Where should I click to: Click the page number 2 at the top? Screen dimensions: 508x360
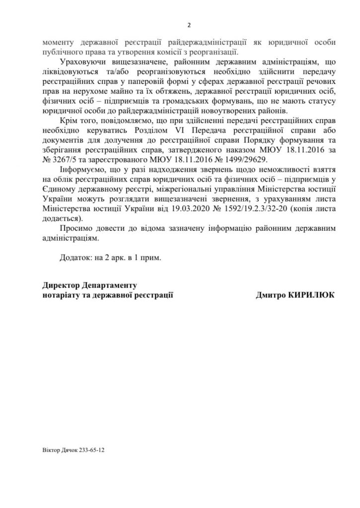click(x=189, y=26)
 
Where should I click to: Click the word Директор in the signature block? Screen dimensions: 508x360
click(x=62, y=286)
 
